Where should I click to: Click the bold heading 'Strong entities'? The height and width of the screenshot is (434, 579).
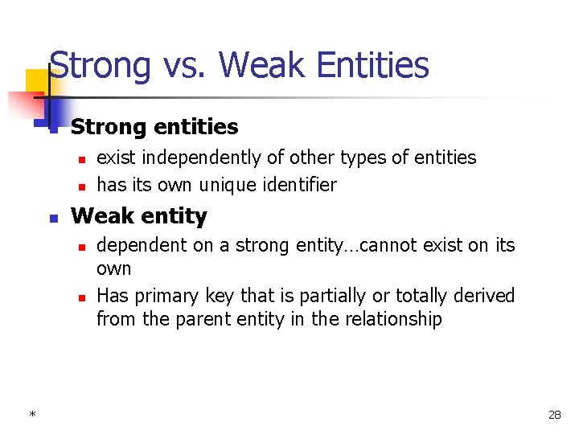click(154, 127)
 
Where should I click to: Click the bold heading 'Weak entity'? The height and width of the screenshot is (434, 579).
click(139, 216)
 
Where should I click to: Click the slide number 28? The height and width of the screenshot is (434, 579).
click(554, 415)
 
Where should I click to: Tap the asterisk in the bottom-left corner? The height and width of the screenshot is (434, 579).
click(31, 415)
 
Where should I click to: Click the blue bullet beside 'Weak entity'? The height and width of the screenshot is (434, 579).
click(52, 218)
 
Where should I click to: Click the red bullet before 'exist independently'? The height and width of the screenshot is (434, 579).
click(81, 159)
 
